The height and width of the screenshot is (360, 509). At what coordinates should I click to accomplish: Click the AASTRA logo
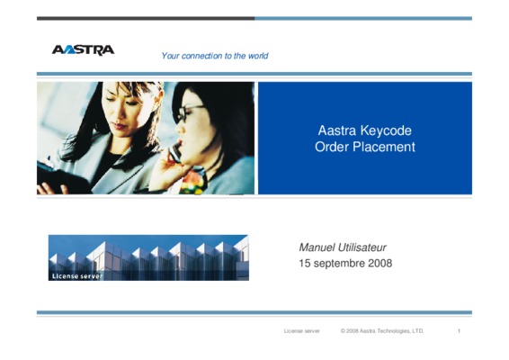click(83, 50)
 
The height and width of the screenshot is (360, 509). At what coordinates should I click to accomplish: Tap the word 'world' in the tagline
click(258, 56)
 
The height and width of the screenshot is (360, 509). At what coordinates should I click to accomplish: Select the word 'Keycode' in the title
click(386, 130)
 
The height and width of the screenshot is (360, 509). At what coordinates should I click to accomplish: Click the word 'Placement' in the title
click(384, 147)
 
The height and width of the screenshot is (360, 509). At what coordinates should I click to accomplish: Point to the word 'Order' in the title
click(332, 147)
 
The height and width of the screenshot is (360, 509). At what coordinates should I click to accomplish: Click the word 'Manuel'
click(317, 247)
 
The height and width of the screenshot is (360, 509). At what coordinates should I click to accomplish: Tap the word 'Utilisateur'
click(362, 247)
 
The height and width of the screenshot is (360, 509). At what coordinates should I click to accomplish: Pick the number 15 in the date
click(305, 263)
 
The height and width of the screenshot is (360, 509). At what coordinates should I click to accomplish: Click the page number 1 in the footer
click(459, 331)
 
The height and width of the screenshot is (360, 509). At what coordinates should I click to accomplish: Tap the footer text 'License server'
click(302, 331)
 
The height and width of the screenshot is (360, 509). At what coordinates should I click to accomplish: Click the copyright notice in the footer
click(382, 331)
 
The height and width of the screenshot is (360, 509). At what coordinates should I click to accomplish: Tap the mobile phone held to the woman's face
click(174, 153)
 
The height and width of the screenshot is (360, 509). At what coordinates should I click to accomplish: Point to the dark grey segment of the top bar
click(146, 19)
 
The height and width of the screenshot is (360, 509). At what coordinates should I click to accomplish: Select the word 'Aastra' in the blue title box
click(337, 130)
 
